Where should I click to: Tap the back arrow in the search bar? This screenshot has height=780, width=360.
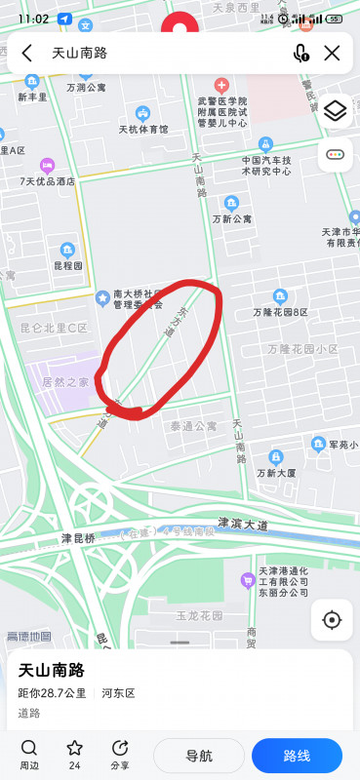[x=26, y=54]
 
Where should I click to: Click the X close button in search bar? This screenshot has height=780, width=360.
[x=332, y=54]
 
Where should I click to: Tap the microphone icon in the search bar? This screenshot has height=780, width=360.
[x=300, y=54]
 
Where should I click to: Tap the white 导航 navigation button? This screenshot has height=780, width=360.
[x=199, y=756]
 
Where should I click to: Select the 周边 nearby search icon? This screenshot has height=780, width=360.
[x=29, y=748]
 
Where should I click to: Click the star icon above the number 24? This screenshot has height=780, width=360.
[x=74, y=748]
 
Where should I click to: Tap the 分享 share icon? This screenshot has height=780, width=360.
[x=120, y=748]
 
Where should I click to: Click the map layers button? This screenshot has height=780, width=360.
[x=335, y=111]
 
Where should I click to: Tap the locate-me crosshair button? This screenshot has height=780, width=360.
[x=332, y=620]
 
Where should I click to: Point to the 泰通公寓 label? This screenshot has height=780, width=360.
[x=193, y=426]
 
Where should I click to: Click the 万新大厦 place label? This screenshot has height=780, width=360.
[x=277, y=473]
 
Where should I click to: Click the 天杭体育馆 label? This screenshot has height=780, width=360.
[x=143, y=129]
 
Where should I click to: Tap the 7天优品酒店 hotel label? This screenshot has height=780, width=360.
[x=47, y=181]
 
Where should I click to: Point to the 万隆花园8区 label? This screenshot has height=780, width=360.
[x=280, y=312]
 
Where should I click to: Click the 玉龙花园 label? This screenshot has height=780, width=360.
[x=199, y=616]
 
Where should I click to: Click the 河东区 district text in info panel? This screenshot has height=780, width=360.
[x=118, y=693]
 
